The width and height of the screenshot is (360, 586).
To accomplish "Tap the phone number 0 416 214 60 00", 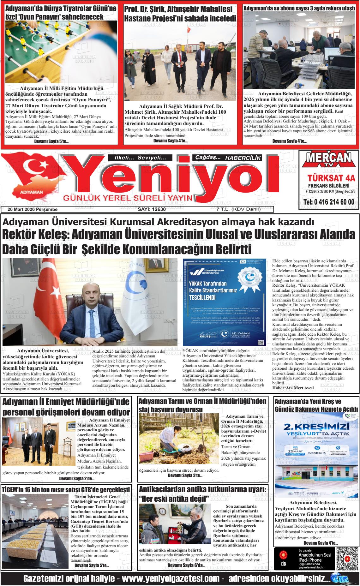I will point(329,202).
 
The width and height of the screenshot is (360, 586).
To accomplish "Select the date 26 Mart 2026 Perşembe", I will point(33,209).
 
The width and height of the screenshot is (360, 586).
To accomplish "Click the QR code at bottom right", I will point(347,559).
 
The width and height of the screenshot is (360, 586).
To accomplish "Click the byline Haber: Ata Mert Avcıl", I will point(293,387).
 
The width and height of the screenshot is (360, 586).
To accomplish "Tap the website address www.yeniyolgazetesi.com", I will point(171,578).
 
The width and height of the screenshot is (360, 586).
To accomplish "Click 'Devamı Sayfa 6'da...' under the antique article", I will point(186,565).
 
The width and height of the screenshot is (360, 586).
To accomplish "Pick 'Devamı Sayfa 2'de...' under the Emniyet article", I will point(77,479).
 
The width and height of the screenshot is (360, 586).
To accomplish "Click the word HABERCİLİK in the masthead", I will point(243,158).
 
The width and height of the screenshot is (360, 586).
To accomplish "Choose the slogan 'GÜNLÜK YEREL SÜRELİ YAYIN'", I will point(128,198).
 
